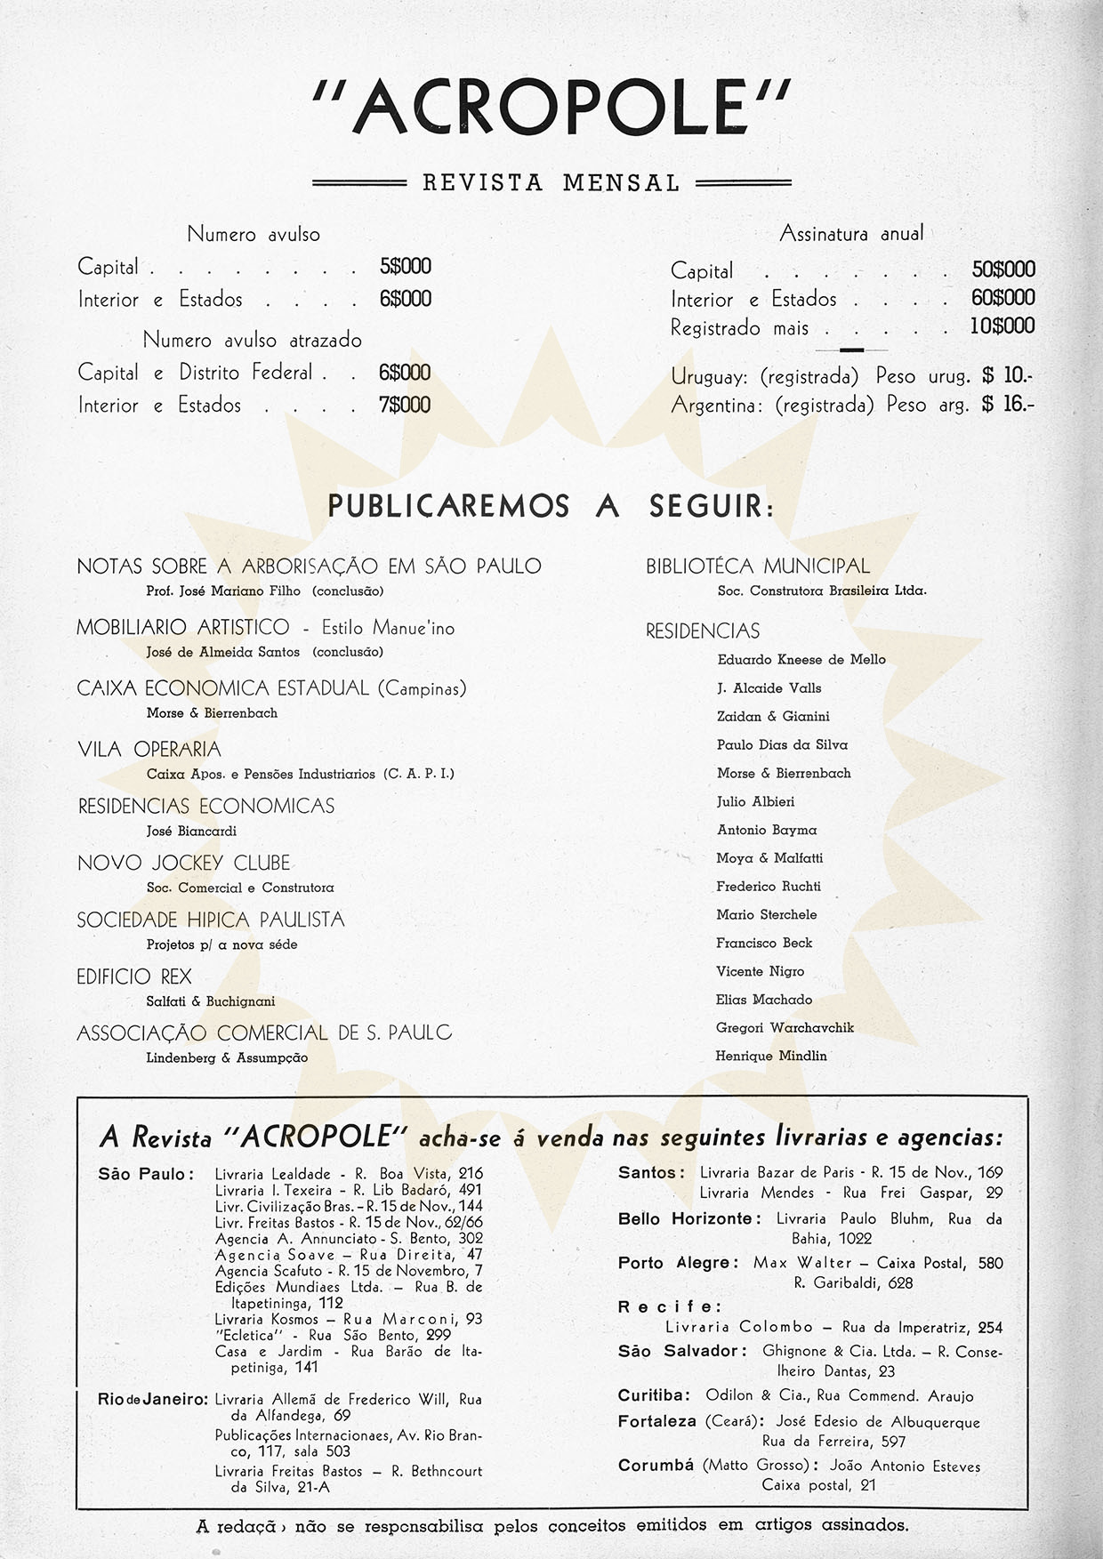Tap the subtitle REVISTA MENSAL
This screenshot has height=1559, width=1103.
[551, 183]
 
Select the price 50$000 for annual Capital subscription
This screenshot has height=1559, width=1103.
[1002, 269]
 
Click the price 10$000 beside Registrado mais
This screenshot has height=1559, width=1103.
[1002, 326]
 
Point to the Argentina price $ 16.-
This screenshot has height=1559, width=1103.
[1008, 405]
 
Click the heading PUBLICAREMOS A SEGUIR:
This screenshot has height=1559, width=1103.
[551, 507]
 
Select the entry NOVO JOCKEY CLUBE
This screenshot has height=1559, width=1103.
[184, 863]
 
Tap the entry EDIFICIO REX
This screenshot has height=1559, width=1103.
[134, 976]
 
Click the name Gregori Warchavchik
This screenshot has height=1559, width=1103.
[785, 1028]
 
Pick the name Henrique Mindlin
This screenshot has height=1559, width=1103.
[771, 1057]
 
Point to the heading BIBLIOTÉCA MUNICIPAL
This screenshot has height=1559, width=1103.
[758, 567]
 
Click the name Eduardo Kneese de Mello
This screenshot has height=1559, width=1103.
[801, 660]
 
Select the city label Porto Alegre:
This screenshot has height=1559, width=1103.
[678, 1263]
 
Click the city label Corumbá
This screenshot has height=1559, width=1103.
[656, 1465]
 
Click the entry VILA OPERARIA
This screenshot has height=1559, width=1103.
[149, 750]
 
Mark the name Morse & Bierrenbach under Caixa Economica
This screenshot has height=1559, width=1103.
[212, 713]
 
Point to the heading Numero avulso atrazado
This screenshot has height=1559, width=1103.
[252, 341]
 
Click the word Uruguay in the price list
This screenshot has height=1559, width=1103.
[711, 376]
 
